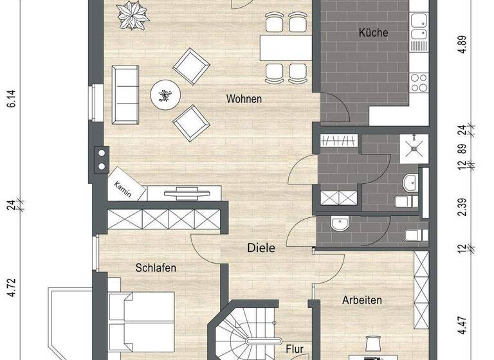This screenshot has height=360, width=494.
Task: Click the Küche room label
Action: pyautogui.click(x=374, y=33)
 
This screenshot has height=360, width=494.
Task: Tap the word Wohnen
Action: pyautogui.click(x=244, y=99)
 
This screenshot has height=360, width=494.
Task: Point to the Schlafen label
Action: pyautogui.click(x=156, y=267)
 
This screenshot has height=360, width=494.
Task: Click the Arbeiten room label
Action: pyautogui.click(x=362, y=300)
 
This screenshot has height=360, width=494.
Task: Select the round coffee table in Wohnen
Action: pyautogui.click(x=166, y=96)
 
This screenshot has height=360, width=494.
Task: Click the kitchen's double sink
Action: pyautogui.click(x=420, y=35)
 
